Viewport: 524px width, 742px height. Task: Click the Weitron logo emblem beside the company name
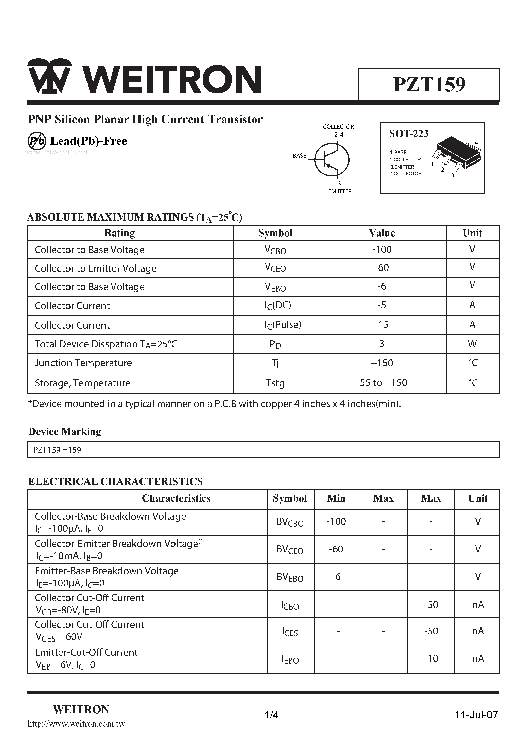click(x=49, y=77)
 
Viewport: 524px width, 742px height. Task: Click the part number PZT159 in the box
click(x=429, y=85)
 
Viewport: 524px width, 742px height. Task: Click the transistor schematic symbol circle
click(x=331, y=160)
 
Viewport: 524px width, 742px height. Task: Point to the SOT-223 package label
click(x=408, y=133)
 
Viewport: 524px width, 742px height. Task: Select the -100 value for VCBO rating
click(x=382, y=249)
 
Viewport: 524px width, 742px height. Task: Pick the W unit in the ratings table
click(x=472, y=344)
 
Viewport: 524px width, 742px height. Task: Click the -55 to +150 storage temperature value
click(x=382, y=383)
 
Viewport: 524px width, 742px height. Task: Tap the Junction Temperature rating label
click(x=83, y=363)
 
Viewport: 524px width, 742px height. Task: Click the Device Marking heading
click(x=65, y=432)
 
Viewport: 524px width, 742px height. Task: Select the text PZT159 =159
click(x=57, y=450)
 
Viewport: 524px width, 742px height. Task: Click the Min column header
click(x=336, y=498)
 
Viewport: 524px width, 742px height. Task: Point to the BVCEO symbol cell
click(x=290, y=550)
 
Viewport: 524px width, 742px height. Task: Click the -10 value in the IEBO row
click(x=431, y=659)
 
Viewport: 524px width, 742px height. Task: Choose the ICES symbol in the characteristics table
click(x=290, y=632)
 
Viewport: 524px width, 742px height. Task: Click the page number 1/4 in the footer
click(x=271, y=715)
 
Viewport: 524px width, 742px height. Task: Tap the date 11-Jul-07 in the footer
click(x=476, y=715)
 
